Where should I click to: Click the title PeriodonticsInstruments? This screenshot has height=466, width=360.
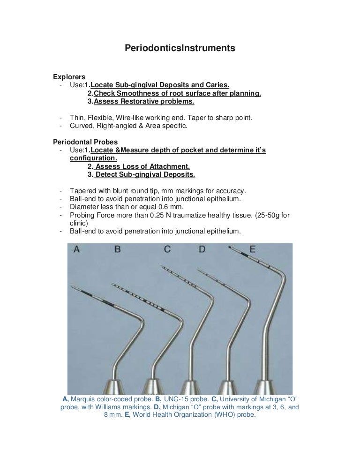[180, 48]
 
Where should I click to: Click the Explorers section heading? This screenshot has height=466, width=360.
[69, 76]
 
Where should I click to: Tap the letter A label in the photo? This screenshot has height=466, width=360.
[76, 250]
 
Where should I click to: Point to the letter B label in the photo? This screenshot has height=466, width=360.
[117, 250]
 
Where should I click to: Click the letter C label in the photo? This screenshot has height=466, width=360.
[167, 250]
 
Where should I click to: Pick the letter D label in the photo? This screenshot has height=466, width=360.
[202, 250]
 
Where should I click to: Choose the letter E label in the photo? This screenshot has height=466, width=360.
[252, 250]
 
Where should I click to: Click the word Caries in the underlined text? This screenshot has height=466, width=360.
[217, 85]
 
